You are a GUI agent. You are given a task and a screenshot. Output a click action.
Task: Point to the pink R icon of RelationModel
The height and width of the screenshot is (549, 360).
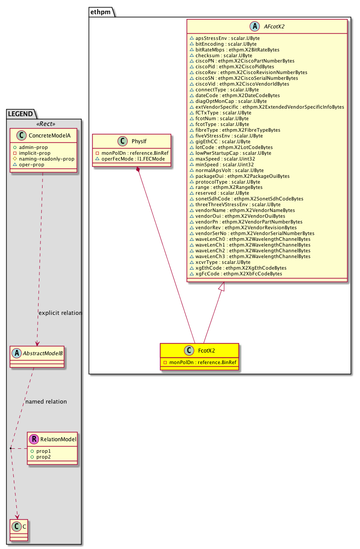coord(34,439)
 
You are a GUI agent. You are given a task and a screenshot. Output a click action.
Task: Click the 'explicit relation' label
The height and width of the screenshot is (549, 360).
coord(60,313)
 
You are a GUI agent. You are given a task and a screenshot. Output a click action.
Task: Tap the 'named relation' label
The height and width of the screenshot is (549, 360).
coord(46,402)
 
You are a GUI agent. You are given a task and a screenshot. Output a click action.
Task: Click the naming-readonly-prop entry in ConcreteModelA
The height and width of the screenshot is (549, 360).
coord(49,159)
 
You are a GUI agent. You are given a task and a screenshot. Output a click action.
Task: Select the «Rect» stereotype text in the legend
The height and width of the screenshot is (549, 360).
coord(43,122)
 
